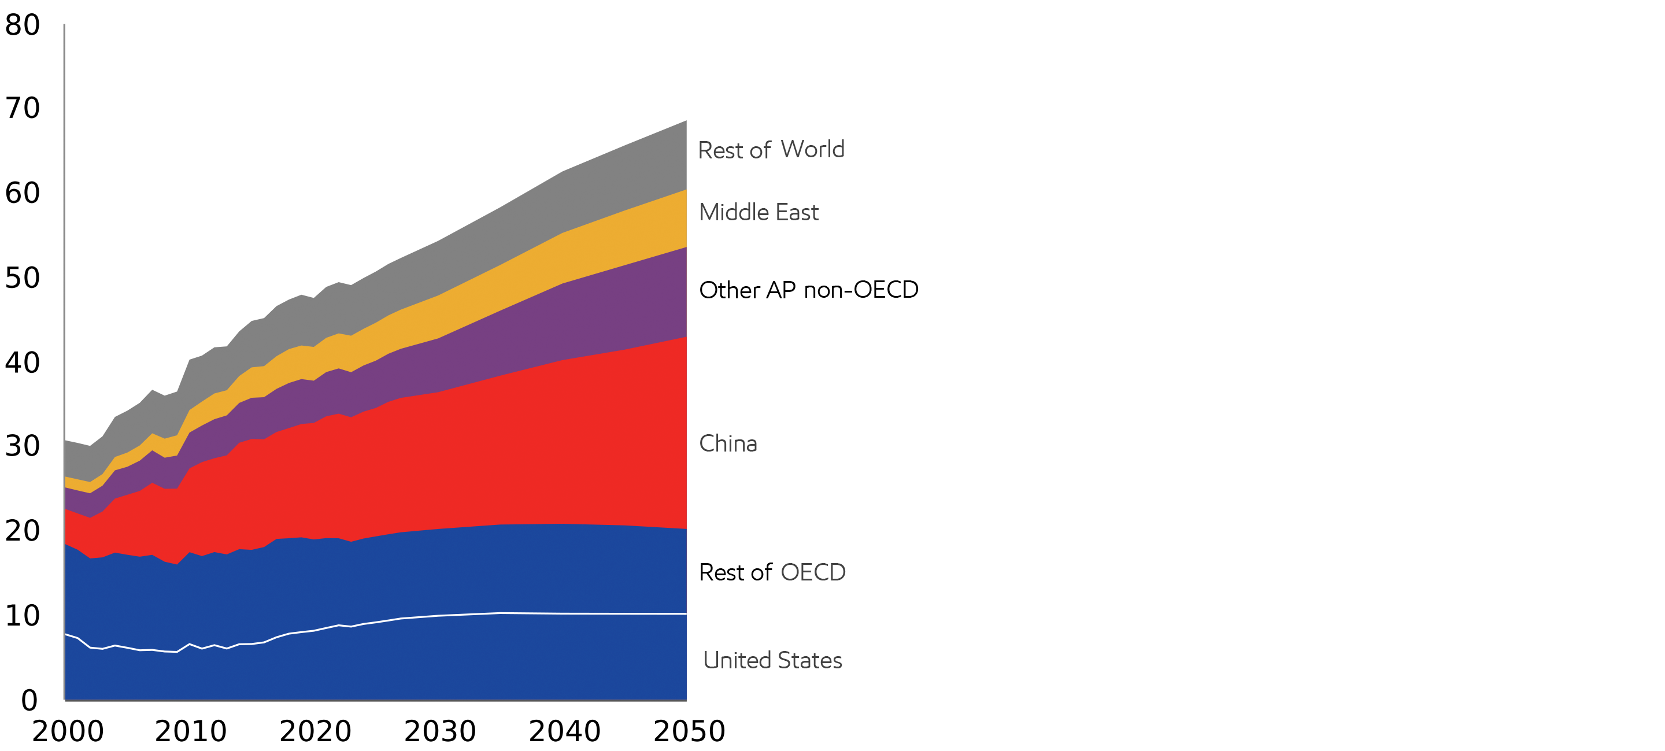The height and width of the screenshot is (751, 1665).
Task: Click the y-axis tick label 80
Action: tap(23, 25)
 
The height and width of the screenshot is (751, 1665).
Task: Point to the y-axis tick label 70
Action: tap(23, 108)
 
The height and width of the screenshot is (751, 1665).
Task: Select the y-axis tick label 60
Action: tap(23, 193)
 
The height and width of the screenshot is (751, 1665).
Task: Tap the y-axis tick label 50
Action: tap(23, 278)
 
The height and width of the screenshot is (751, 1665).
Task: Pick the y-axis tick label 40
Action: tap(23, 362)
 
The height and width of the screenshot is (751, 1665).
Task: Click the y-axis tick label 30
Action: tap(23, 446)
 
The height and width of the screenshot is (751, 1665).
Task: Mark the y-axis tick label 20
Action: tap(23, 531)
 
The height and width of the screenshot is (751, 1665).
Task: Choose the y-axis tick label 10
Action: tap(23, 616)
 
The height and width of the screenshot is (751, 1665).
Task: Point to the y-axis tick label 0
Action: tap(29, 701)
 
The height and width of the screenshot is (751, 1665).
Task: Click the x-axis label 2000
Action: tap(68, 731)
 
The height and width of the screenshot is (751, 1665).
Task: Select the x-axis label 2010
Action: tap(191, 731)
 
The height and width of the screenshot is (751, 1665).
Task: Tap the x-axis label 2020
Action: tap(316, 731)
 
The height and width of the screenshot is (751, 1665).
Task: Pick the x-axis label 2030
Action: tap(440, 731)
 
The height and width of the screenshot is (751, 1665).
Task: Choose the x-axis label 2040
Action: tap(565, 731)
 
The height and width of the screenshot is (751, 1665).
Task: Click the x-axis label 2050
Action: tap(690, 731)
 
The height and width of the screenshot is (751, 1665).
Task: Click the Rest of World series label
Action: tap(771, 150)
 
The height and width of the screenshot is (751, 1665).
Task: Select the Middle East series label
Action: tap(759, 213)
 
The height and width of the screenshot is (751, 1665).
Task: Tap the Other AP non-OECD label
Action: tap(809, 290)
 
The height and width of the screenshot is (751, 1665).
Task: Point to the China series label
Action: tap(728, 444)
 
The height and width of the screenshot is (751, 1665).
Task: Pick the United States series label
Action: tap(772, 660)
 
